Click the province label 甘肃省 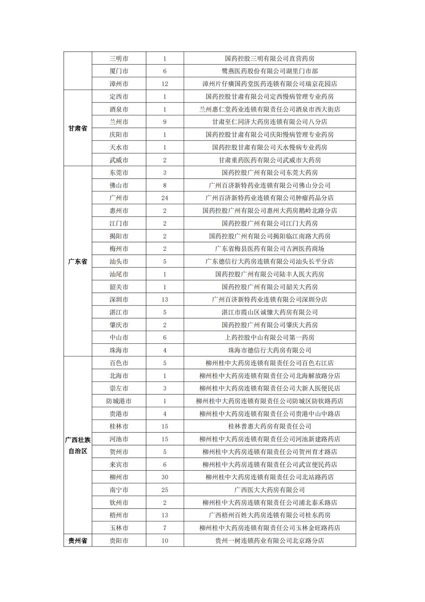(78, 129)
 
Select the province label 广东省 (78, 261)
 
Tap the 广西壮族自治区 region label (78, 445)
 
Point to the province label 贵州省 (78, 540)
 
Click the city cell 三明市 (119, 58)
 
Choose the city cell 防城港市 (119, 401)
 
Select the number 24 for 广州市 (164, 198)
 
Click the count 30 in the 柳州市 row (164, 477)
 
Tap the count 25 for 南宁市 (164, 490)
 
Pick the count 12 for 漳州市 (164, 84)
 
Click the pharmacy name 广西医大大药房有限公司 (270, 490)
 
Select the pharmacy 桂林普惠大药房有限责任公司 (270, 426)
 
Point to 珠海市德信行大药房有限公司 (270, 350)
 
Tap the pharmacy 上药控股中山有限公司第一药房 (270, 337)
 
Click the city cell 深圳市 (119, 300)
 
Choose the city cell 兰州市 (119, 122)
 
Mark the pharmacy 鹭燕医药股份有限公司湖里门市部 (270, 71)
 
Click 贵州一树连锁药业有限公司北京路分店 (270, 540)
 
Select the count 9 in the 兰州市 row (164, 122)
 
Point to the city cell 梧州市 (119, 515)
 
